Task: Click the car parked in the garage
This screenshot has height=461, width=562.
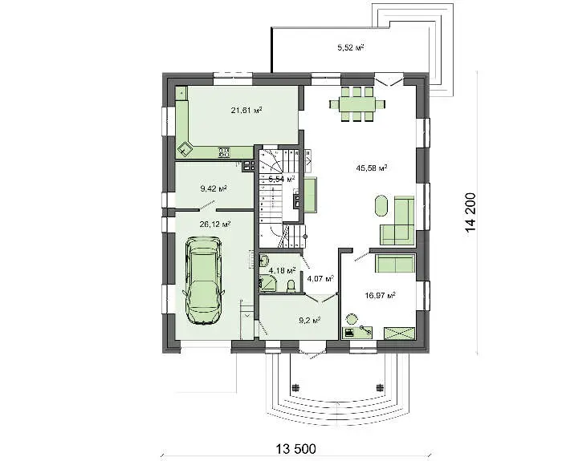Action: (203, 281)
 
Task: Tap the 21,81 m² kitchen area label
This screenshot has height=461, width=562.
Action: (246, 110)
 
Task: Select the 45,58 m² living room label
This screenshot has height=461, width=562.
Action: (371, 168)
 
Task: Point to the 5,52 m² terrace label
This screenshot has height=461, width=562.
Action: (351, 47)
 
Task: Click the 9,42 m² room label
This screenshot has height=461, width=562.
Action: (214, 188)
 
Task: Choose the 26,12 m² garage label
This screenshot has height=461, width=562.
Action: (214, 224)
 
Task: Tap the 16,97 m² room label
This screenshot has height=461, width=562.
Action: (380, 295)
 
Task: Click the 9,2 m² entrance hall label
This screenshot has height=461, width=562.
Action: (310, 320)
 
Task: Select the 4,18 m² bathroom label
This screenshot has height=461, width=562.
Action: (283, 270)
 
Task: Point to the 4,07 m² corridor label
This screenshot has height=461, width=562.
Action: (320, 277)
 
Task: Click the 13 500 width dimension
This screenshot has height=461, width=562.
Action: (295, 448)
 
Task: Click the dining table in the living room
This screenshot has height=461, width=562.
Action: (357, 104)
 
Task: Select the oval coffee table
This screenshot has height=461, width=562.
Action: (381, 205)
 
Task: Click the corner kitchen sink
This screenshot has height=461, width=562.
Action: (185, 148)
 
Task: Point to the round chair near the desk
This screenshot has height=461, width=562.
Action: (352, 318)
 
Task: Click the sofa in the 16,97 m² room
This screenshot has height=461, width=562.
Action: (395, 264)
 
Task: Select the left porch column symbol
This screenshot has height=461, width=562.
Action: (295, 387)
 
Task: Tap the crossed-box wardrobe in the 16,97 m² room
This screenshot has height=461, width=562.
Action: (399, 333)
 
